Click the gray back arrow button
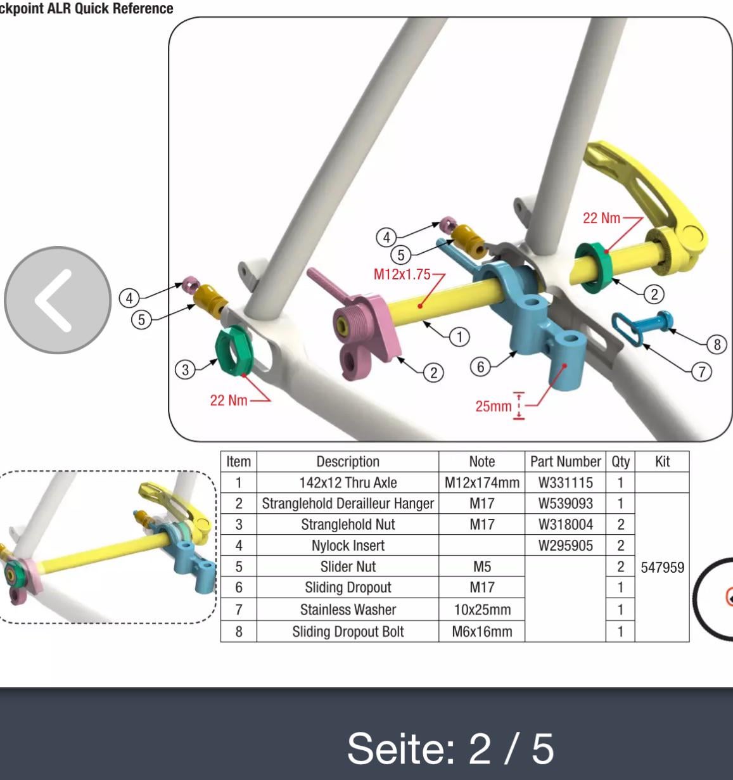58,300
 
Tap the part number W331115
565,483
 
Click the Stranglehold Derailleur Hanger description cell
348,504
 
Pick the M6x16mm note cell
482,632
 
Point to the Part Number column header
565,461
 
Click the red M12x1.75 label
402,274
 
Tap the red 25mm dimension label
494,406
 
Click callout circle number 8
717,345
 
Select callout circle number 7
701,371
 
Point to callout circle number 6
480,367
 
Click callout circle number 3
185,369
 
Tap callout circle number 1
459,337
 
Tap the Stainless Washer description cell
348,610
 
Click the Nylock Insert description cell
348,546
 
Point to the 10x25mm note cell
482,610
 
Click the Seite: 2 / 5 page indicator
450,749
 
